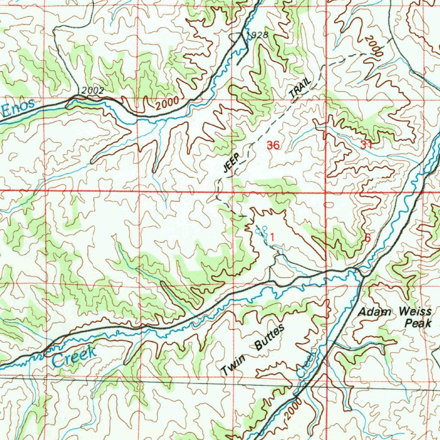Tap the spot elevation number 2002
tap(92, 91)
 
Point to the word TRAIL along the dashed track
tap(300, 88)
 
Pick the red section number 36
tap(273, 145)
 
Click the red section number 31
tap(366, 145)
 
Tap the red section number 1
tap(272, 236)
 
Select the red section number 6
tap(367, 238)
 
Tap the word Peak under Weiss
tap(419, 323)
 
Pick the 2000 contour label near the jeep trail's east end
tap(373, 46)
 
